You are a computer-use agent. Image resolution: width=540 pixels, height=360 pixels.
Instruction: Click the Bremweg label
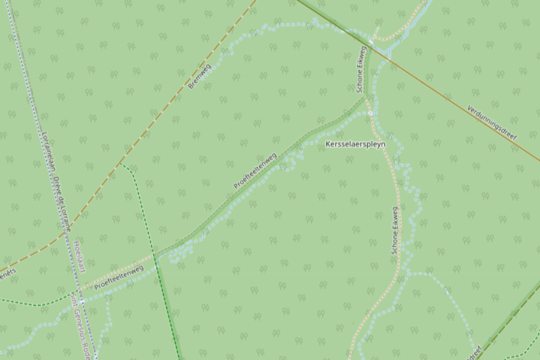coord(199,76)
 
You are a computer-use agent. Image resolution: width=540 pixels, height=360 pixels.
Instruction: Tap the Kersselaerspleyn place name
coord(355,145)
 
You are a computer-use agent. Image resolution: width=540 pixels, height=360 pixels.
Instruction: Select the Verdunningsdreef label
coord(493,123)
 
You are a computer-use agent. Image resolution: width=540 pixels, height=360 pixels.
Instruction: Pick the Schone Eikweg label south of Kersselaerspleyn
coord(395,230)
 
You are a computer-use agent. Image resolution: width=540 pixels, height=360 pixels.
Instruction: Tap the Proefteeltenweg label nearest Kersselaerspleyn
coord(255,171)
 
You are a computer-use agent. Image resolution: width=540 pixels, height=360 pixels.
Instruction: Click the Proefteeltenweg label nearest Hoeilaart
coord(119,277)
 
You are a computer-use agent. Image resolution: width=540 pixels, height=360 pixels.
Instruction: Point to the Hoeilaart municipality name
coord(78,259)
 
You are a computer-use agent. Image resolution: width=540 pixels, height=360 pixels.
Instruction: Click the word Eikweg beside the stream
coord(361,59)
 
